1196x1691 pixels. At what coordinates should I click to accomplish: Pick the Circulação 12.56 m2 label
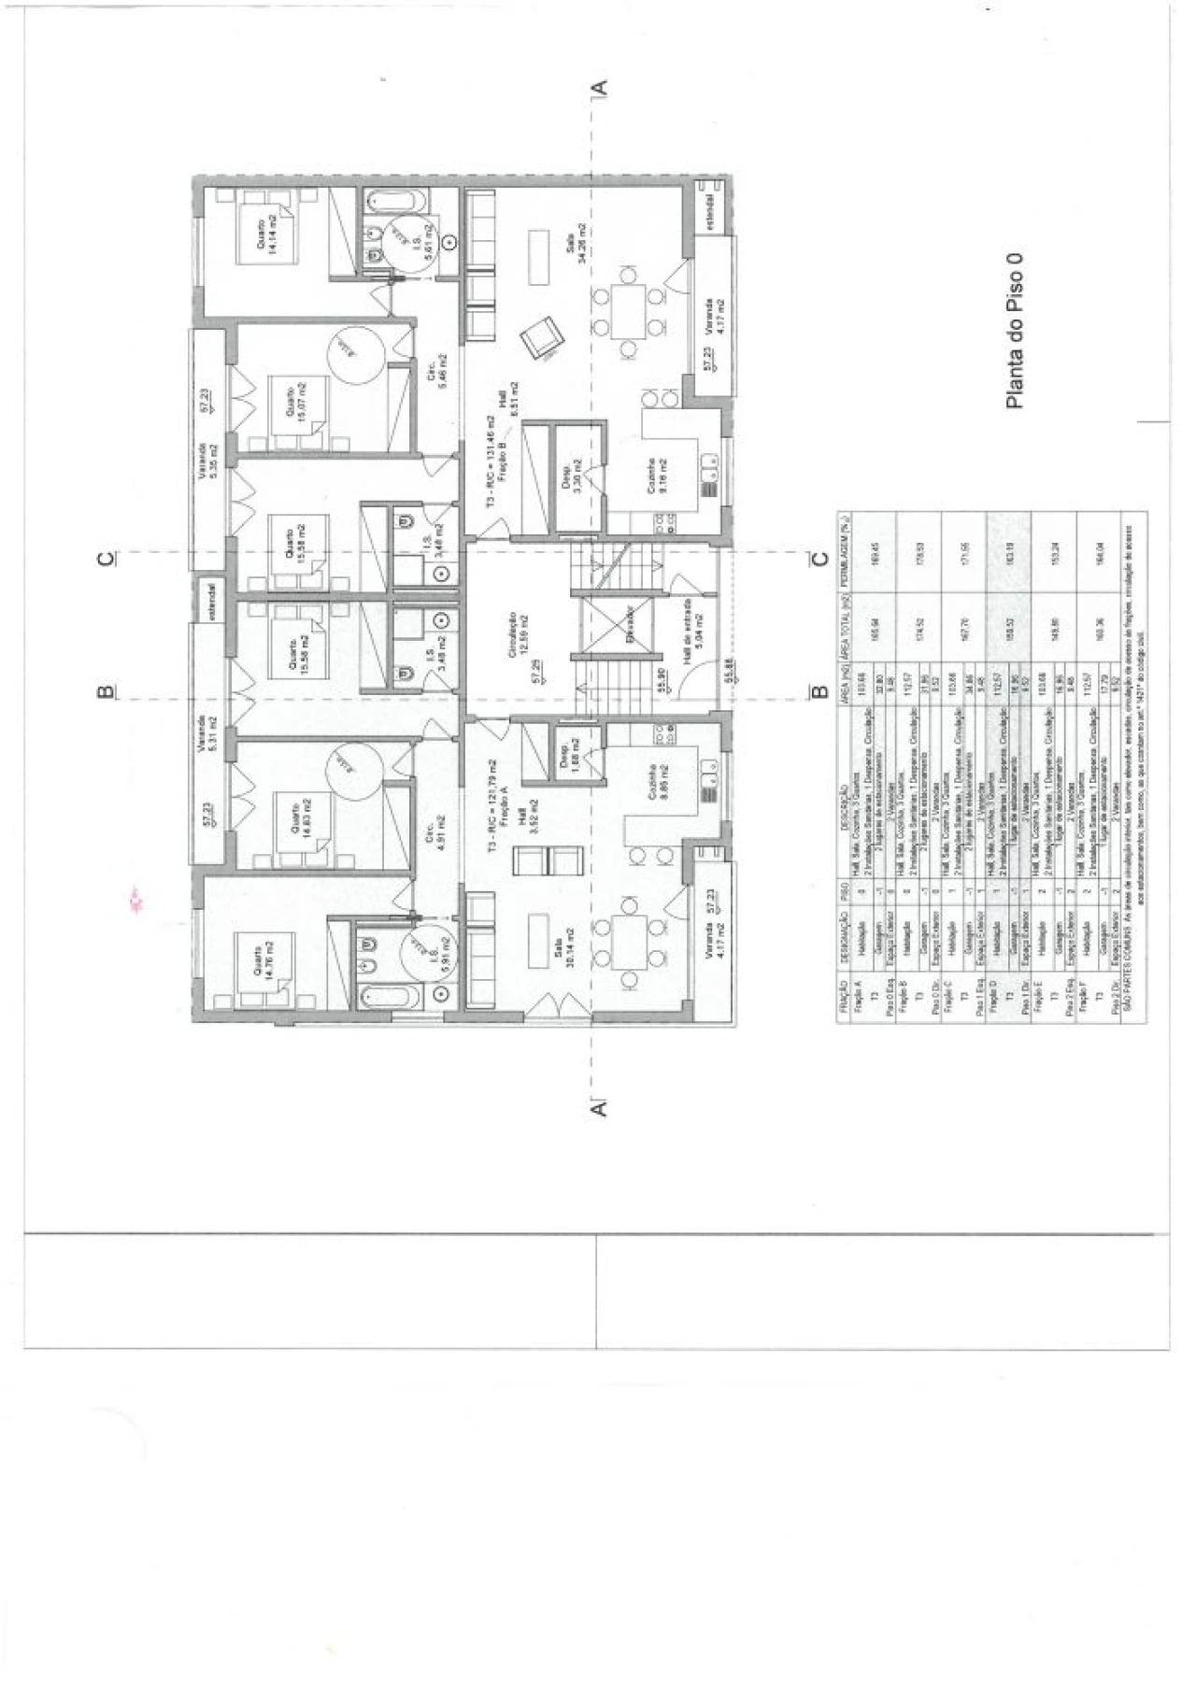point(517,637)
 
